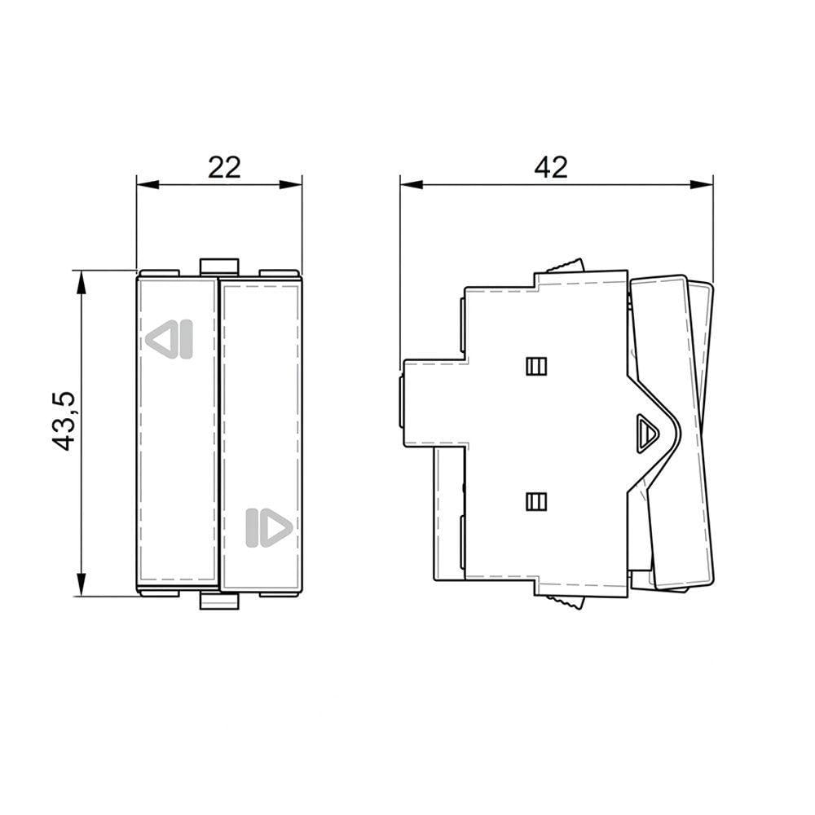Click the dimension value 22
pyautogui.click(x=224, y=167)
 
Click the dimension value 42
pyautogui.click(x=551, y=167)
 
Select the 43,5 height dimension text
pyautogui.click(x=64, y=421)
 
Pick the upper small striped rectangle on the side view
pyautogui.click(x=536, y=367)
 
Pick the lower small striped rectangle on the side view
pyautogui.click(x=536, y=501)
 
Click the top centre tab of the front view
pyautogui.click(x=219, y=266)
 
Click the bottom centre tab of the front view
pyautogui.click(x=219, y=601)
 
